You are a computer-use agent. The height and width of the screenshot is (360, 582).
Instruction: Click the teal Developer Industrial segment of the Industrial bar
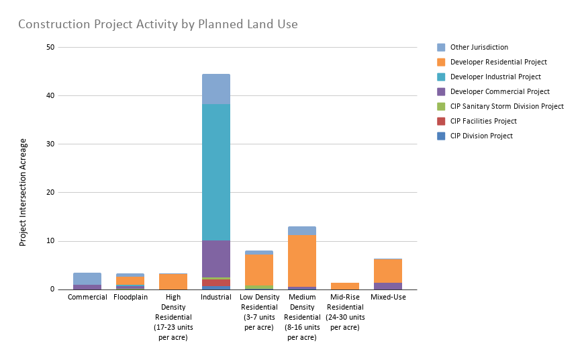click(x=216, y=172)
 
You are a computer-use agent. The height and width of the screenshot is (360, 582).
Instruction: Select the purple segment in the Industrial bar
click(x=216, y=259)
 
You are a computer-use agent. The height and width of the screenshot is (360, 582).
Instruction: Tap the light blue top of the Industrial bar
click(x=216, y=89)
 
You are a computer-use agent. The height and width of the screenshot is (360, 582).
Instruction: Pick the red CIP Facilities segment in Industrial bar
click(x=216, y=283)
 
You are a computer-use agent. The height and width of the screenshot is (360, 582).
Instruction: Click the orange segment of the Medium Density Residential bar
click(x=302, y=261)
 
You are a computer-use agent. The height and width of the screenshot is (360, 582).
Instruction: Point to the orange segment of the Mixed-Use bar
click(x=388, y=271)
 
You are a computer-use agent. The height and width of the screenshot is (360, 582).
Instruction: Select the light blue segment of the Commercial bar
click(x=87, y=279)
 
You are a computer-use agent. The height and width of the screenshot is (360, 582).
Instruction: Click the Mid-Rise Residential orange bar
click(x=345, y=286)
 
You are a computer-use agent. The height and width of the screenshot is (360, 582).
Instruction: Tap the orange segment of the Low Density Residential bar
click(x=259, y=270)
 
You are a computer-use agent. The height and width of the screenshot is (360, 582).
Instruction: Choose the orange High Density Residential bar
click(x=173, y=281)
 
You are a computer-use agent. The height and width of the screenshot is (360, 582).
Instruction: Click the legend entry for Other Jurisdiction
click(x=473, y=47)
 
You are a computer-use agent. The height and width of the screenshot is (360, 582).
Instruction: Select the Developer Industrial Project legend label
click(x=495, y=77)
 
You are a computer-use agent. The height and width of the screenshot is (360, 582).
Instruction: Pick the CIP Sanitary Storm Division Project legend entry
click(x=500, y=106)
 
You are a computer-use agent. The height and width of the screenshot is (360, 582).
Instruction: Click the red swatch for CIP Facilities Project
click(x=441, y=121)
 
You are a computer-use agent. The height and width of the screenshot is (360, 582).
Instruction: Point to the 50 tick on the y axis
click(x=50, y=47)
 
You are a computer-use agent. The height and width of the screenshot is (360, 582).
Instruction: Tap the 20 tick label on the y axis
click(x=50, y=193)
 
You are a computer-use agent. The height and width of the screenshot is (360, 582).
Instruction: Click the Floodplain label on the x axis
click(x=131, y=298)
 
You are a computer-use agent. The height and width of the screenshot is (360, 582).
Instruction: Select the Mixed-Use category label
click(x=388, y=298)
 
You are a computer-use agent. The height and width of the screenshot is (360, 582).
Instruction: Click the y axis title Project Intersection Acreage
click(x=23, y=193)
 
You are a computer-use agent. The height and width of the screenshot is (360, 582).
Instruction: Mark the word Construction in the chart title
click(x=54, y=24)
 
